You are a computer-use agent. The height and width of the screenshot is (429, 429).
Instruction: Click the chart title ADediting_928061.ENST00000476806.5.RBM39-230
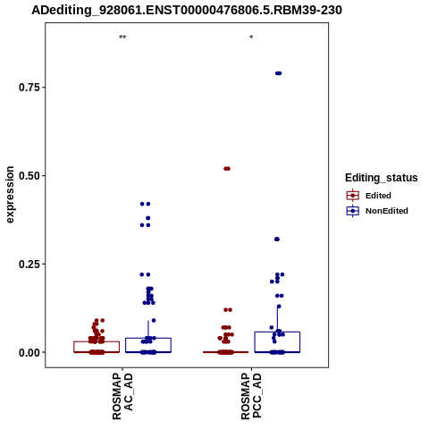187,10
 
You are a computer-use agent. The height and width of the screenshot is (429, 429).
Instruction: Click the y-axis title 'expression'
10,195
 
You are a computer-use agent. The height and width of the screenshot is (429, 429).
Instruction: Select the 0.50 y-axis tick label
29,176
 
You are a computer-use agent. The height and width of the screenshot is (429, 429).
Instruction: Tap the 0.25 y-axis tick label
29,264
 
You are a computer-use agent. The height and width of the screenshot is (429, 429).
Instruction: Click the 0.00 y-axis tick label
29,352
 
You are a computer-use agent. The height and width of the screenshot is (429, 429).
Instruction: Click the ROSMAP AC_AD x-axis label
122,396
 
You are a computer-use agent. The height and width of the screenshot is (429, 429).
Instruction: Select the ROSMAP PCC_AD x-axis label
251,396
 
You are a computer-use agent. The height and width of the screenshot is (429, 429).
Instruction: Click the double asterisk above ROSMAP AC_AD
122,38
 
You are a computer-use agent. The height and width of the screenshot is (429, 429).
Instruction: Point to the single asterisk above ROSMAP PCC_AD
251,38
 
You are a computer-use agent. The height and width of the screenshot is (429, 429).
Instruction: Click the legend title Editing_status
382,178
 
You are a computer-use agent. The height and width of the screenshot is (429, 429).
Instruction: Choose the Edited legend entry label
378,196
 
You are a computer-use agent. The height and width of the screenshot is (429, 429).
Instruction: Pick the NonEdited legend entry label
387,211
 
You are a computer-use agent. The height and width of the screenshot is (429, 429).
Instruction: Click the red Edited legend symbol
353,196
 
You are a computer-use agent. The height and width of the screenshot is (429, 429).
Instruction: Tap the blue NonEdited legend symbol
353,211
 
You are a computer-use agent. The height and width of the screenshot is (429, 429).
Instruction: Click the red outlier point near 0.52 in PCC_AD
227,169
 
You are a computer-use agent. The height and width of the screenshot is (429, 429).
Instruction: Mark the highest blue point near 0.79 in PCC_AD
278,73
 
